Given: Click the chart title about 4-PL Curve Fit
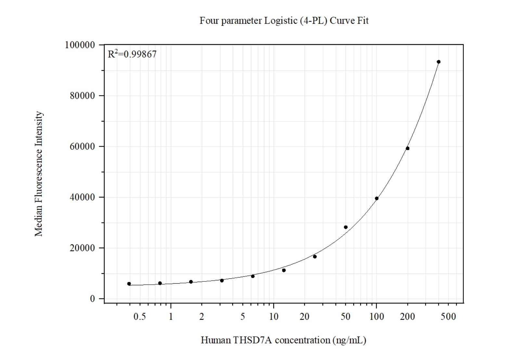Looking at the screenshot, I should coord(284,21).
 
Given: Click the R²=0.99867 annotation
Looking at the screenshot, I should coord(132,54).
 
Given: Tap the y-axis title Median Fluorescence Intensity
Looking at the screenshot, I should coord(39,174).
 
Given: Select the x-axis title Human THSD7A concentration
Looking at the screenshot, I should coord(283,340).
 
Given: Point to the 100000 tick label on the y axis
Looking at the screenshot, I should coord(80,45).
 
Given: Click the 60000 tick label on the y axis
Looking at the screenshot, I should coord(82,147).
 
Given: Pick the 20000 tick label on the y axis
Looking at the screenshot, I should coord(82,248).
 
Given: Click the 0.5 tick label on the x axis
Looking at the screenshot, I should coord(139,316).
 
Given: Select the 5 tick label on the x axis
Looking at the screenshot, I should coord(242,316).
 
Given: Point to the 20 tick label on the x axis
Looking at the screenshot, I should coord(304,316).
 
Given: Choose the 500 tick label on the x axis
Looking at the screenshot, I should coord(448,316).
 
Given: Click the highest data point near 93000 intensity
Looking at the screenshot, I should coord(438,62).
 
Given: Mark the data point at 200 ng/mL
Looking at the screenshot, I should coord(408,148).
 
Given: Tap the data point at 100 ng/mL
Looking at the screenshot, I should coord(377,199).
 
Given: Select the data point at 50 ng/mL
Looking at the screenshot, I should coord(345,227).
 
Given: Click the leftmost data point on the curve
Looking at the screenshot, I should coord(129,284).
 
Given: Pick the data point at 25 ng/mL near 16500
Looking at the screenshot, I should coord(315,257).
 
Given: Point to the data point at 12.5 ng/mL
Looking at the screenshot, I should coord(284,270).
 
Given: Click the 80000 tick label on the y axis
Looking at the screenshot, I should coord(82,96).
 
